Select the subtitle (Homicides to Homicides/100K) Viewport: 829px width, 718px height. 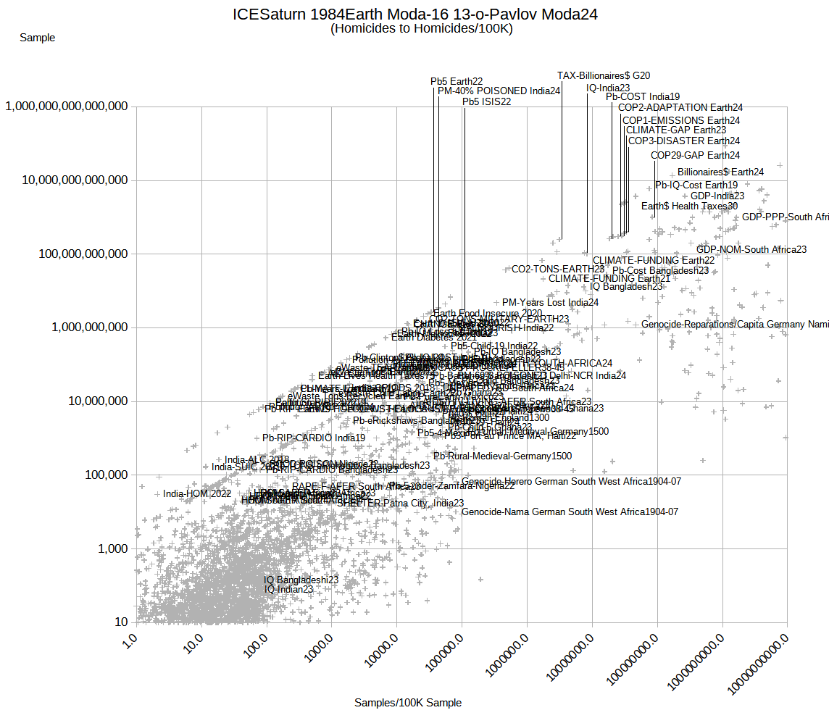pyautogui.click(x=421, y=29)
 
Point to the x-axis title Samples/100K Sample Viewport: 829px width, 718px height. pyautogui.click(x=408, y=702)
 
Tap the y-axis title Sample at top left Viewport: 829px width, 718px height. pyautogui.click(x=37, y=38)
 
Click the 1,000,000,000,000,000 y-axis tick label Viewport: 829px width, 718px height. pyautogui.click(x=67, y=107)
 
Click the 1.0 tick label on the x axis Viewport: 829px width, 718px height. pyautogui.click(x=130, y=640)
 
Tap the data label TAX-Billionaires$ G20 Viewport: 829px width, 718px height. pyautogui.click(x=604, y=75)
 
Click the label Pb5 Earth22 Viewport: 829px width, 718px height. pyautogui.click(x=457, y=81)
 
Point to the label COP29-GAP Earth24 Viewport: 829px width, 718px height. pyautogui.click(x=695, y=155)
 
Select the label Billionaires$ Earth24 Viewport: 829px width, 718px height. pyautogui.click(x=720, y=172)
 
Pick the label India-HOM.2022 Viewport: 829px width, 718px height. pyautogui.click(x=197, y=493)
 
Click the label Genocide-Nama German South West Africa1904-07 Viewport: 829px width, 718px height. pyautogui.click(x=570, y=512)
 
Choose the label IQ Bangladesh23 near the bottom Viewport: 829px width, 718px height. pyautogui.click(x=301, y=580)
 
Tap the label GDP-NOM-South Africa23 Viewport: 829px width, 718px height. pyautogui.click(x=751, y=249)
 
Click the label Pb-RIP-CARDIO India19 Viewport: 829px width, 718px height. pyautogui.click(x=314, y=438)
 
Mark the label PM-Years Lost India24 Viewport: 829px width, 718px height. pyautogui.click(x=550, y=302)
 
